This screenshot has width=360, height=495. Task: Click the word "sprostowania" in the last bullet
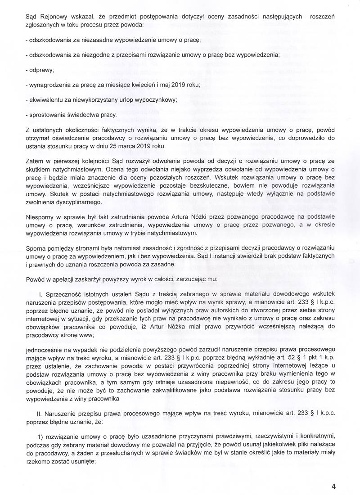coord(48,114)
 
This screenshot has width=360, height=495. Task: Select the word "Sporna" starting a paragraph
coord(36,246)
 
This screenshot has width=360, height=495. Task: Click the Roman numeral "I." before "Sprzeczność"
coord(41,294)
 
